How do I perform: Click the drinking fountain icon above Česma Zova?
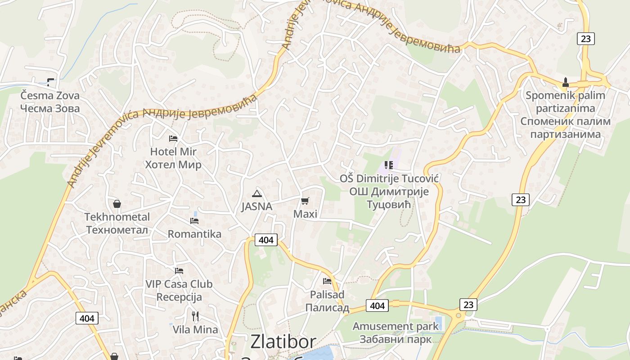(50, 82)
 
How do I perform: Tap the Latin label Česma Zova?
(50, 95)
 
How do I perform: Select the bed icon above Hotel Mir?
(173, 139)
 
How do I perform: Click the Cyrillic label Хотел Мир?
(173, 165)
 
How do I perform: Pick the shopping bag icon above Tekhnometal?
(117, 204)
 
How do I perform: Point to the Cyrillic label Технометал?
(117, 230)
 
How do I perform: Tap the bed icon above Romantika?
(194, 221)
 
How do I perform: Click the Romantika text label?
(194, 234)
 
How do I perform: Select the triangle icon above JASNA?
(257, 194)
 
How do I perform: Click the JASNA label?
(257, 207)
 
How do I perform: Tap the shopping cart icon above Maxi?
(305, 201)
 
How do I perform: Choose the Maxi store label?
(305, 214)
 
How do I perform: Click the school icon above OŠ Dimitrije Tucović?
(389, 165)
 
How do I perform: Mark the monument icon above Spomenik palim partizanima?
(566, 82)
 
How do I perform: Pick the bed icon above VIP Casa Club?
(179, 271)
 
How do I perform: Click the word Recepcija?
(179, 297)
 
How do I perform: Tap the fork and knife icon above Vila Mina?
(195, 316)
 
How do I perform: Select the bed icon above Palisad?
(327, 281)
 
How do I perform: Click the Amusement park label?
(396, 326)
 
